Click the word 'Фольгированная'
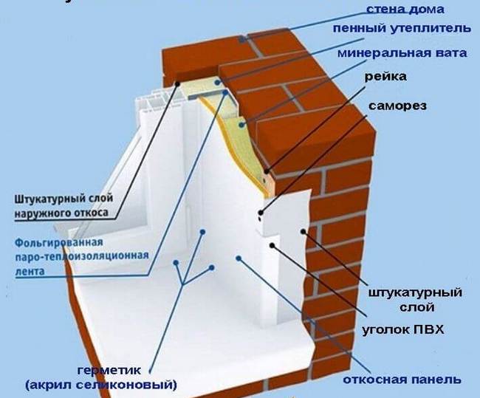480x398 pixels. (55, 242)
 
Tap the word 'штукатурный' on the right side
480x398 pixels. (414, 293)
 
